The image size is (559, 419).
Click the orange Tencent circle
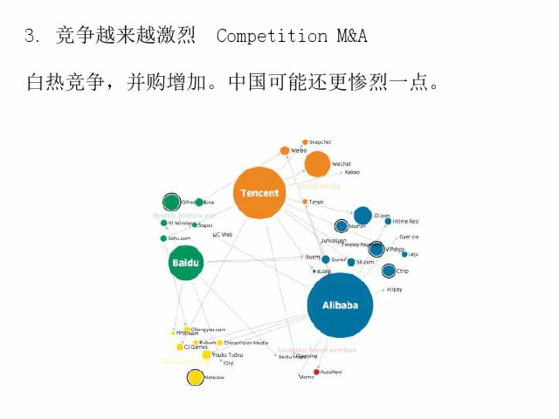pyautogui.click(x=259, y=193)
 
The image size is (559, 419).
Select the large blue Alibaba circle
pyautogui.click(x=340, y=305)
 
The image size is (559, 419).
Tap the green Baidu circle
pyautogui.click(x=185, y=262)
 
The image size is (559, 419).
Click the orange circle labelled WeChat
pyautogui.click(x=317, y=164)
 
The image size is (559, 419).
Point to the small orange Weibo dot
pyautogui.click(x=284, y=151)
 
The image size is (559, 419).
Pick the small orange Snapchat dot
pyautogui.click(x=305, y=142)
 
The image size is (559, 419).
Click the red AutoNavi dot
pyautogui.click(x=316, y=371)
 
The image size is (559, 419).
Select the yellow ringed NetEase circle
pyautogui.click(x=195, y=377)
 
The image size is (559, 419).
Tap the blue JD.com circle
pyautogui.click(x=362, y=215)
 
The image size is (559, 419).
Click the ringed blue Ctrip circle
pyautogui.click(x=388, y=271)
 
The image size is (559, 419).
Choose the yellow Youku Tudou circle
pyautogui.click(x=206, y=354)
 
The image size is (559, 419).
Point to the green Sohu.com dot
pyautogui.click(x=164, y=238)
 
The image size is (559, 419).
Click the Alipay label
pyautogui.click(x=394, y=289)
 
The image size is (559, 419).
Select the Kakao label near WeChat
pyautogui.click(x=352, y=172)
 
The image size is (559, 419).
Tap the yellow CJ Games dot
pyautogui.click(x=180, y=347)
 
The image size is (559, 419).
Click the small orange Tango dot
pyautogui.click(x=305, y=201)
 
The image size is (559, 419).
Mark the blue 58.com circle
pyautogui.click(x=351, y=262)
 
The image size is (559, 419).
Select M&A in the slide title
pyautogui.click(x=352, y=36)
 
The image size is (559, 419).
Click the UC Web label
pyautogui.click(x=222, y=234)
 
